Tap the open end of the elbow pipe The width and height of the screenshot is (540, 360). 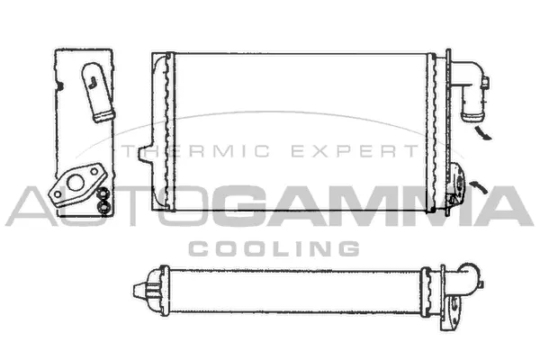[x=469, y=116]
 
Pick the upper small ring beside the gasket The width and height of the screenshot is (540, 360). [x=104, y=191]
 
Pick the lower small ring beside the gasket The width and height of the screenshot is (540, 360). [x=104, y=206]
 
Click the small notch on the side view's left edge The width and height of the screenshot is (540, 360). [x=57, y=86]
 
